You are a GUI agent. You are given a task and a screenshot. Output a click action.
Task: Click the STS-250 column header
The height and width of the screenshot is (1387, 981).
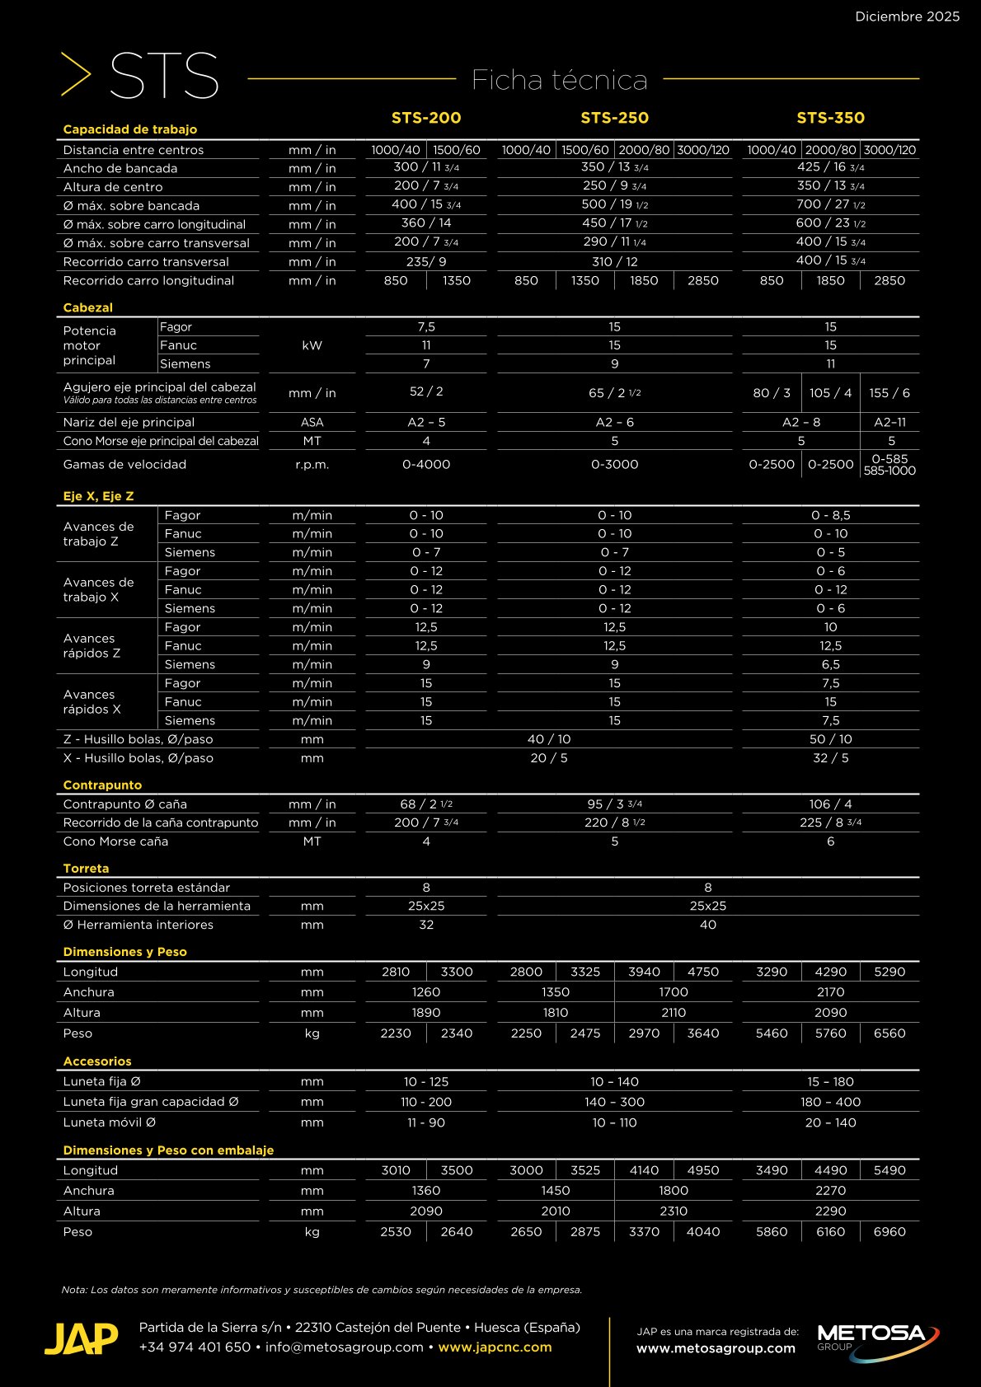click(614, 118)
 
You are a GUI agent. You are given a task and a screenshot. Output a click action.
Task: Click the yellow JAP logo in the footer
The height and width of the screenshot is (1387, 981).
click(81, 1339)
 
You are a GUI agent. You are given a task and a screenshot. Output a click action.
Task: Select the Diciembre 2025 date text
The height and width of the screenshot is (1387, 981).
click(907, 16)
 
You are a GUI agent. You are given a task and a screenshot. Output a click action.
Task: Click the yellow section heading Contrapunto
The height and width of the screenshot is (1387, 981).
click(102, 785)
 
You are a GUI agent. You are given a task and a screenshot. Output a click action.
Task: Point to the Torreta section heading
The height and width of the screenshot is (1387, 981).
click(86, 869)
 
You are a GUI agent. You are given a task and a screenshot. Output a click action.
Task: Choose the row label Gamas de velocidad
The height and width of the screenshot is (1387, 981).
click(124, 465)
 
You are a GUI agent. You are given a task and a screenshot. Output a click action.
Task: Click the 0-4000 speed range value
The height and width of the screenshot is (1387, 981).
click(426, 465)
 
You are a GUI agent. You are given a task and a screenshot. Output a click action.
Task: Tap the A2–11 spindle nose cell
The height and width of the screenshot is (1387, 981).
click(889, 422)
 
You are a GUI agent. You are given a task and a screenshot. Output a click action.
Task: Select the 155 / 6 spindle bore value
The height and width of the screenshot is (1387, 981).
click(889, 393)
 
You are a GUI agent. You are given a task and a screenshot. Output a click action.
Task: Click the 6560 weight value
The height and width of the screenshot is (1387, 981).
click(889, 1033)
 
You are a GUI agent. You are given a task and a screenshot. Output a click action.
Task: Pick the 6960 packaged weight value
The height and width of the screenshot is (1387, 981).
click(889, 1232)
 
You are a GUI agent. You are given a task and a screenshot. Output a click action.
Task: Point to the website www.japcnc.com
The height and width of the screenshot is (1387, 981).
click(495, 1347)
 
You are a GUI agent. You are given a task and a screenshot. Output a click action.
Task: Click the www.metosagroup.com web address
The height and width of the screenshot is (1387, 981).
click(716, 1349)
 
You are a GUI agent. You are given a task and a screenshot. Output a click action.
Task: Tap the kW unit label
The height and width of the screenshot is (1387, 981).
click(312, 345)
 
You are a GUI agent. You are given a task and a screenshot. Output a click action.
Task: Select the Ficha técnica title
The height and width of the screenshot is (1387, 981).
click(559, 80)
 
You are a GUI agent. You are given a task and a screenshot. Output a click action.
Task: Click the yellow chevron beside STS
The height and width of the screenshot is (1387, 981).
click(76, 74)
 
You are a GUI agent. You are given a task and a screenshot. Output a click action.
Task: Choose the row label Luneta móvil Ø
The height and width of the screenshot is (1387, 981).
click(110, 1122)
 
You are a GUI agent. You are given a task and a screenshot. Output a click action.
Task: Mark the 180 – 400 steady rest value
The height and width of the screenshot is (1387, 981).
click(830, 1102)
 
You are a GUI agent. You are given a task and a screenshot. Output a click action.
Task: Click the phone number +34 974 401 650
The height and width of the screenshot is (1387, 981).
click(195, 1347)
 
